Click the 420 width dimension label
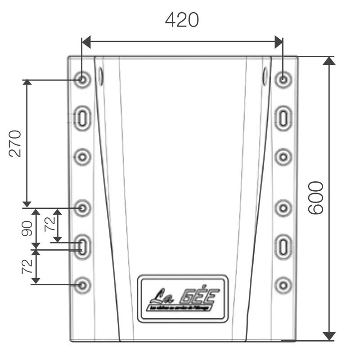click(x=182, y=20)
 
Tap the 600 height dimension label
click(x=316, y=198)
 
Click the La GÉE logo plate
click(x=183, y=298)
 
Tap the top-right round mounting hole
click(x=283, y=80)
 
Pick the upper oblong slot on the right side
click(x=283, y=118)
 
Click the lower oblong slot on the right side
click(x=283, y=246)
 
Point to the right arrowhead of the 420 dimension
click(x=279, y=43)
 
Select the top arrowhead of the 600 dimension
click(x=329, y=61)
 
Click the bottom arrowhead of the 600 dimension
click(x=329, y=336)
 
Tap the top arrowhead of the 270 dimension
click(x=27, y=83)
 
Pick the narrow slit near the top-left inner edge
click(x=101, y=77)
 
